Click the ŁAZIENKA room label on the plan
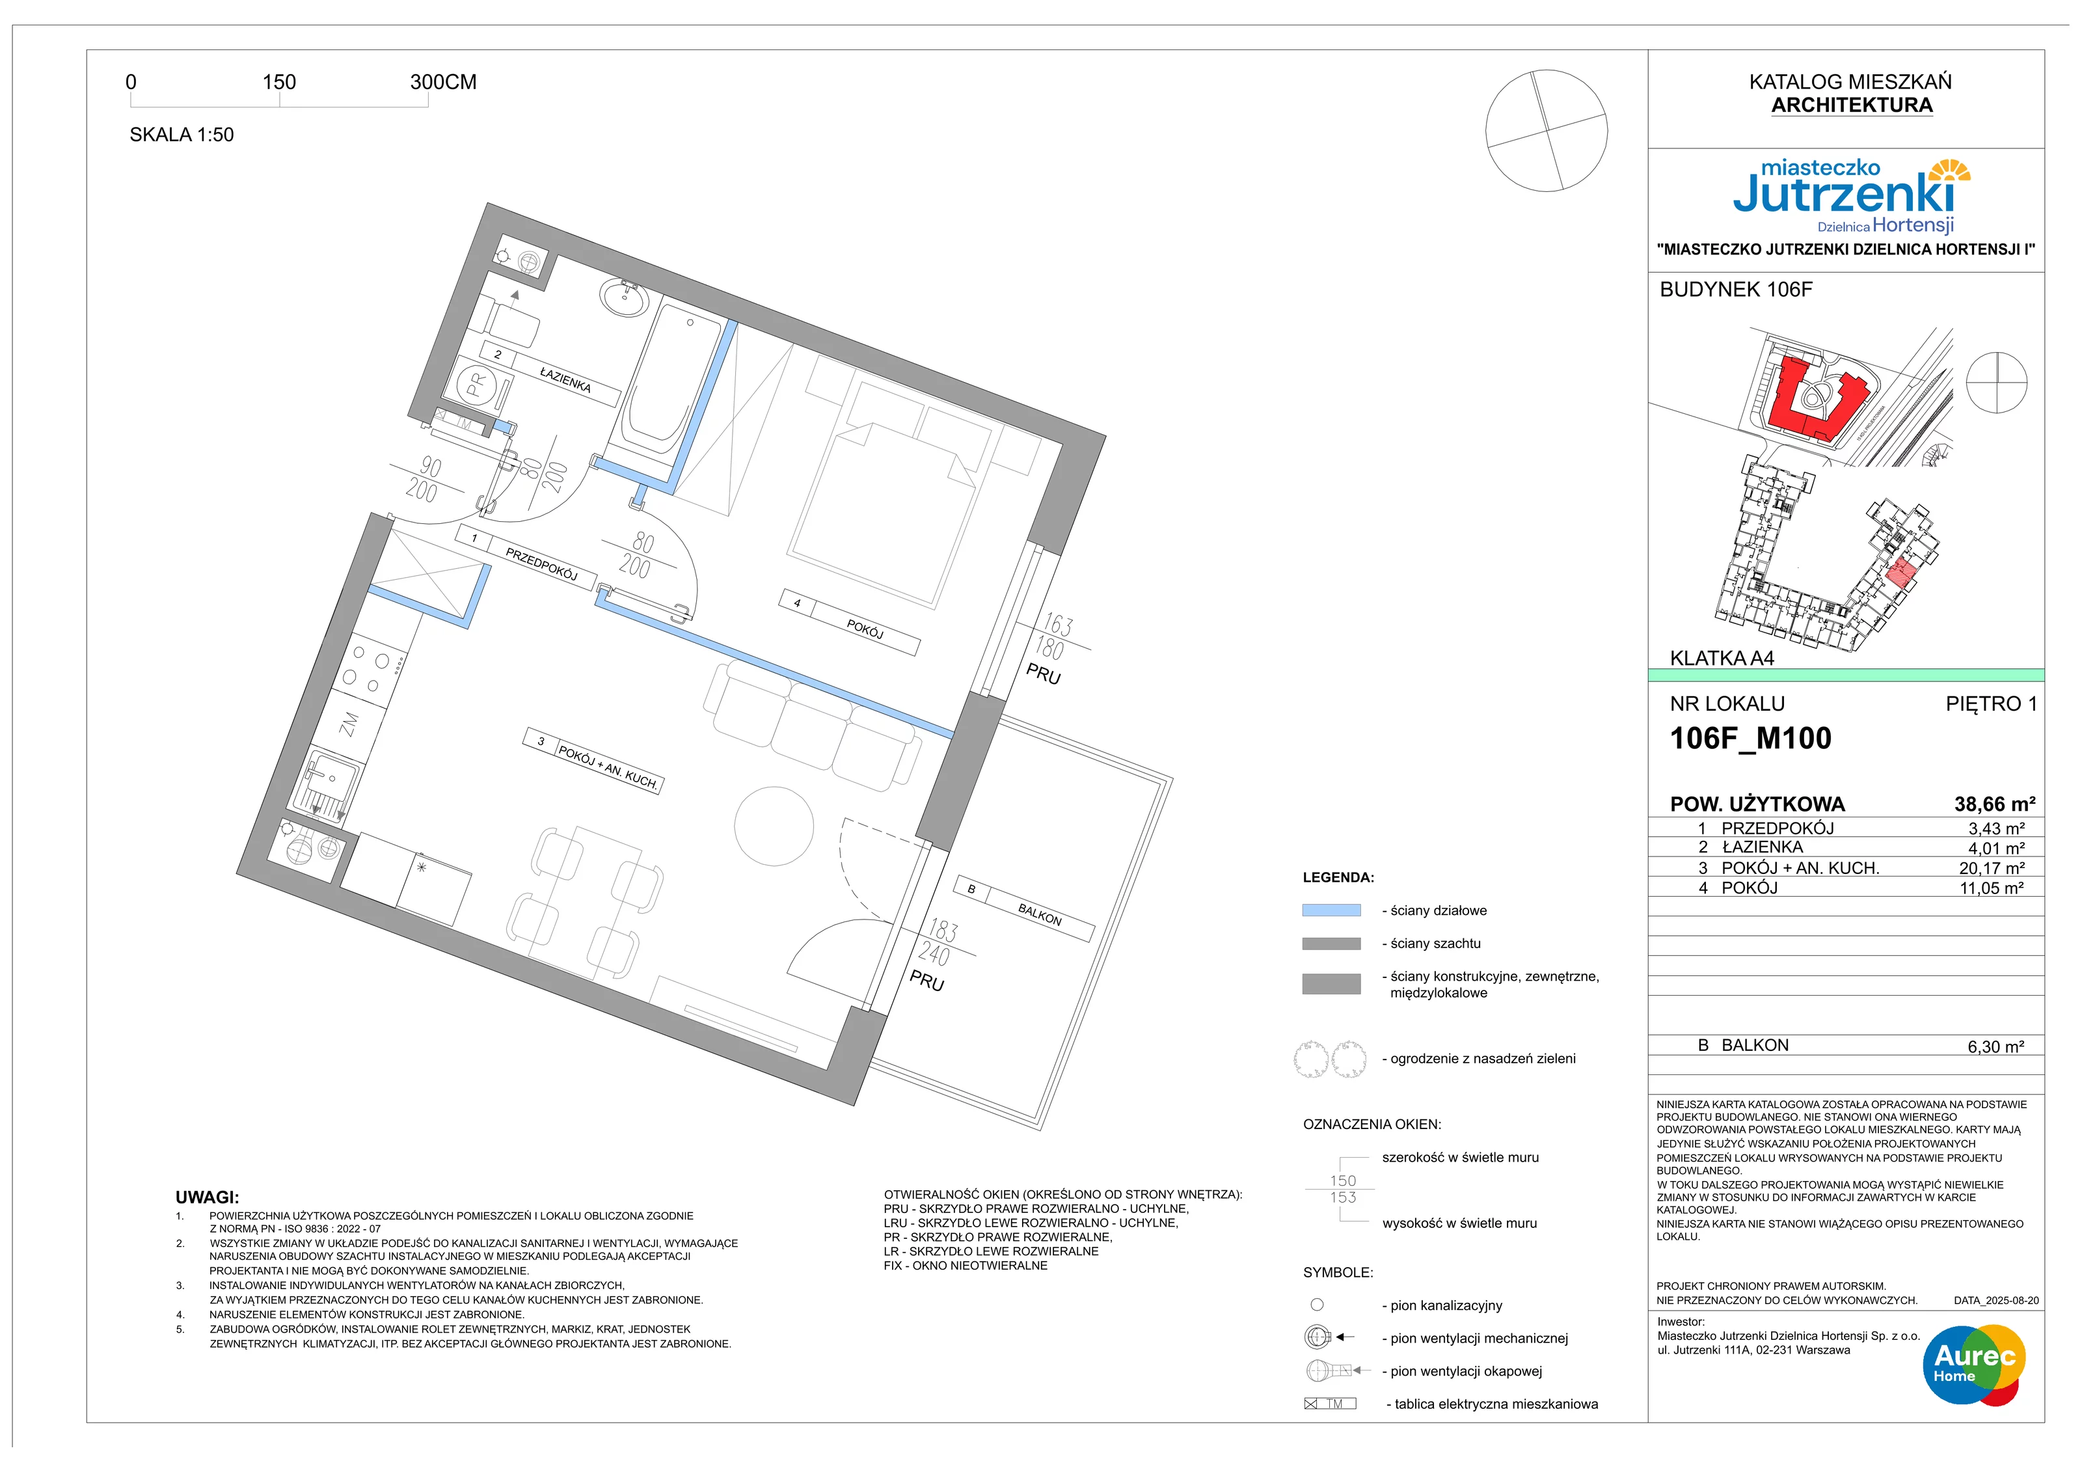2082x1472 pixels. [x=565, y=379]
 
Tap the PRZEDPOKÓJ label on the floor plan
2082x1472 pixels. [x=541, y=563]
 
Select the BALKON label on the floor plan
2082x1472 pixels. [x=1039, y=916]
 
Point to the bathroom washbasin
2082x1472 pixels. [x=625, y=297]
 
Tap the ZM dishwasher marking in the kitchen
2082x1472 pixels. [x=349, y=724]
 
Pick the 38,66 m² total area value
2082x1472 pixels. [x=1994, y=804]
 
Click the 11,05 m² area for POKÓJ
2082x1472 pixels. [x=1992, y=888]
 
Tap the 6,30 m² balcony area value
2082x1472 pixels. [x=1995, y=1046]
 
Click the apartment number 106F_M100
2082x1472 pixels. [x=1750, y=738]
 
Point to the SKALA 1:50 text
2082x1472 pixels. [x=182, y=135]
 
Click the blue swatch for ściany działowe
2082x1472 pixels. [x=1331, y=910]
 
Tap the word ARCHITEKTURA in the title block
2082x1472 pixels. [x=1852, y=105]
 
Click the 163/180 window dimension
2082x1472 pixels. [x=1055, y=636]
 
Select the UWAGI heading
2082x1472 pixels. [x=207, y=1197]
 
